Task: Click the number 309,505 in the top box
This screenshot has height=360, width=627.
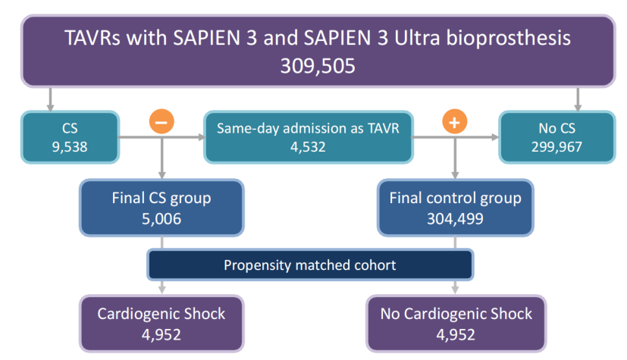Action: pos(318,66)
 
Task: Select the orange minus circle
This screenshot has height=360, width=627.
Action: pos(161,121)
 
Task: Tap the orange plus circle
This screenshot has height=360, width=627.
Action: pos(455,121)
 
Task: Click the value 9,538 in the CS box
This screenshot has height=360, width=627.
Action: pos(70,147)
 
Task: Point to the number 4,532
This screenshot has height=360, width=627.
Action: pos(308,147)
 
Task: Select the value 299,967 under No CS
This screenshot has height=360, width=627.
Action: pos(556,147)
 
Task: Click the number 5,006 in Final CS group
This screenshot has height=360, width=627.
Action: pos(161,219)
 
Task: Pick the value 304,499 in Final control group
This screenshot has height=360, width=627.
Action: pos(455,219)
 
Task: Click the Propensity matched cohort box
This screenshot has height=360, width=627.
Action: pos(310,265)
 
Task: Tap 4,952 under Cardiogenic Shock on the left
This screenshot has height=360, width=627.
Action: pos(161,335)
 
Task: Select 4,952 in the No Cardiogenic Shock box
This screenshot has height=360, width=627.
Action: pos(456,335)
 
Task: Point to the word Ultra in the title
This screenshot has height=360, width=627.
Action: pos(417,38)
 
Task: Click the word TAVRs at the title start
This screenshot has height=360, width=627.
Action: pos(92,38)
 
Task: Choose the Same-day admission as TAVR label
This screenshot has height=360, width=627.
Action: pos(308,128)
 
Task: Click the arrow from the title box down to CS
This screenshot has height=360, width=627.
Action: pos(50,99)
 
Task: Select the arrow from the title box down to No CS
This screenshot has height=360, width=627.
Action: pos(578,99)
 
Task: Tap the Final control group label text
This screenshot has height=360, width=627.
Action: pos(455,198)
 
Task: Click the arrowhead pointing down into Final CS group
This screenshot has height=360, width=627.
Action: pos(161,175)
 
